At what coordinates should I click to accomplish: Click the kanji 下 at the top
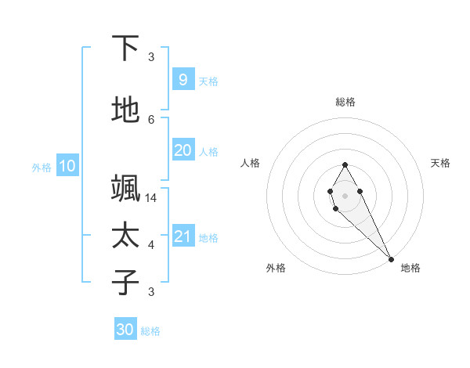tap(125, 49)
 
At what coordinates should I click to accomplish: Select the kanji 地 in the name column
tap(125, 110)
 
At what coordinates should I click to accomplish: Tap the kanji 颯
tap(125, 189)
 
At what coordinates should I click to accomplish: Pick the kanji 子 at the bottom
tap(125, 282)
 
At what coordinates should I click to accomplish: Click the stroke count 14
tap(151, 198)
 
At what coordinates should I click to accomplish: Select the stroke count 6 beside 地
tap(151, 119)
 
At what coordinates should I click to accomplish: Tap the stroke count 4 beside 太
tap(151, 245)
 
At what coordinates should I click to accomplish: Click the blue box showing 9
tap(183, 80)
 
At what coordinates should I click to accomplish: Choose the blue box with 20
tap(183, 150)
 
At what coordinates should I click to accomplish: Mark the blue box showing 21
tap(183, 236)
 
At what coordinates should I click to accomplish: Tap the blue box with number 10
tap(67, 166)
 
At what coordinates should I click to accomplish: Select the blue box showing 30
tap(125, 330)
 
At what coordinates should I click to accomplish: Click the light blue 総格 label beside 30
tap(150, 331)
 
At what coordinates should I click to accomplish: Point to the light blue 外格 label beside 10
tap(42, 167)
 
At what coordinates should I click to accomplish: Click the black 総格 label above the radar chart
tap(345, 102)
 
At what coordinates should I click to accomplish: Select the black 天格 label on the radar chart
tap(440, 163)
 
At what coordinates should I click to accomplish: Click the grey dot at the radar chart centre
tap(345, 195)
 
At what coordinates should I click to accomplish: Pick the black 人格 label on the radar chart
tap(251, 163)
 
